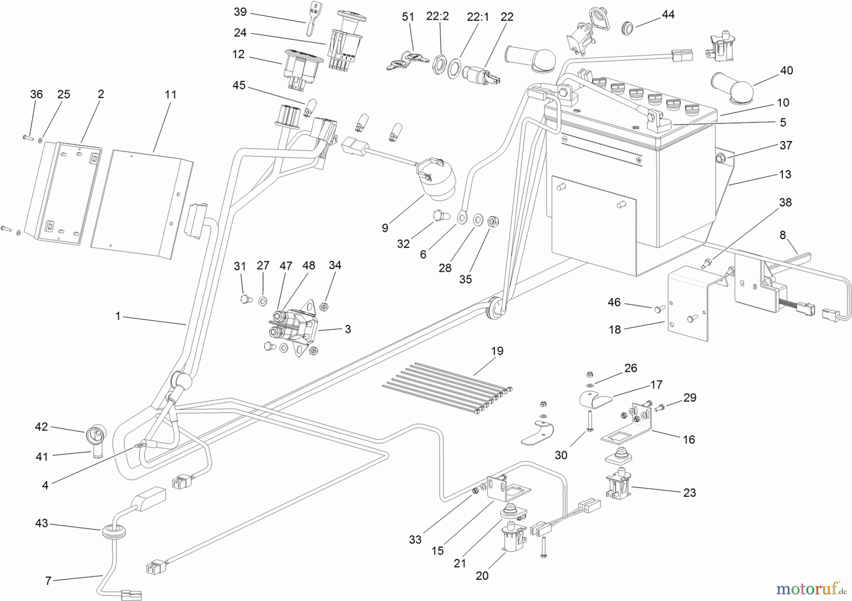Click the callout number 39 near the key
pyautogui.click(x=240, y=12)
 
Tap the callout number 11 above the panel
pyautogui.click(x=170, y=95)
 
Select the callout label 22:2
pyautogui.click(x=437, y=17)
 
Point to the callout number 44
pyautogui.click(x=668, y=15)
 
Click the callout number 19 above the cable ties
pyautogui.click(x=497, y=351)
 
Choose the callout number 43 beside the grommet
pyautogui.click(x=42, y=523)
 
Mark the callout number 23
pyautogui.click(x=690, y=493)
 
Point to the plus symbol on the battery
pyautogui.click(x=639, y=160)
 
